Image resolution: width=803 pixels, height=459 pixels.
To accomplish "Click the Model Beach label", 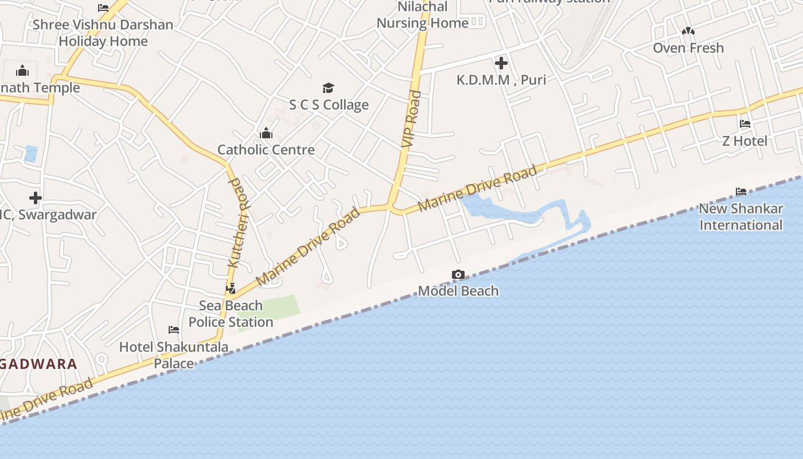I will point(458,291).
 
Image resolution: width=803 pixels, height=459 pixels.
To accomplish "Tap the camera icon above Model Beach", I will point(458,275).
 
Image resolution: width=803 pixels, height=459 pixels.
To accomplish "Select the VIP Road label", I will point(411,119).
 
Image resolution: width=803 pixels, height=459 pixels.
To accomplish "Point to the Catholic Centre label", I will point(266,150).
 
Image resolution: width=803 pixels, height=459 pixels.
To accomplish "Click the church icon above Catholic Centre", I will point(266,134).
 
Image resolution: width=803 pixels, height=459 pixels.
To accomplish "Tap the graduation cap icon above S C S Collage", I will point(328,88).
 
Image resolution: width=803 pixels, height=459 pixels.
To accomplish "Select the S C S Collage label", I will point(329,104).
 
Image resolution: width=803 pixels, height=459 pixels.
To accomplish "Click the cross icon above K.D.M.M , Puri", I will point(501,63).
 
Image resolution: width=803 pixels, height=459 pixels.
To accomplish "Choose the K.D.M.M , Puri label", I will point(501,80).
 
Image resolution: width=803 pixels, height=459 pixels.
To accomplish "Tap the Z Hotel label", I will point(744,141).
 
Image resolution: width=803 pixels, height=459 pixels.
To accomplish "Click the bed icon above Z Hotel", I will point(745,123).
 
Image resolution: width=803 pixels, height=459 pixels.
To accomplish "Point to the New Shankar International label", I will point(741,216).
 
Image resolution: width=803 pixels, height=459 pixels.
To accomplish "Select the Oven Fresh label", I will point(688,48).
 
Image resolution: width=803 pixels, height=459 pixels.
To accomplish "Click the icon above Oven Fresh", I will point(688,31).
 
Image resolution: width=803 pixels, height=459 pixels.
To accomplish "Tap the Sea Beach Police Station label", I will point(231,313).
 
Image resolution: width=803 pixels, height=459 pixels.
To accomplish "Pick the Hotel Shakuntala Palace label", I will point(174,355).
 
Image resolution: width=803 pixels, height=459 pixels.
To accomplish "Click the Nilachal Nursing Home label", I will point(423,15).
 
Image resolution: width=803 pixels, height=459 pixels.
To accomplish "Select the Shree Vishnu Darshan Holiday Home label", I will point(103,33).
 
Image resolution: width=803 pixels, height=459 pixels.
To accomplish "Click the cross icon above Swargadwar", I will point(36,198).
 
